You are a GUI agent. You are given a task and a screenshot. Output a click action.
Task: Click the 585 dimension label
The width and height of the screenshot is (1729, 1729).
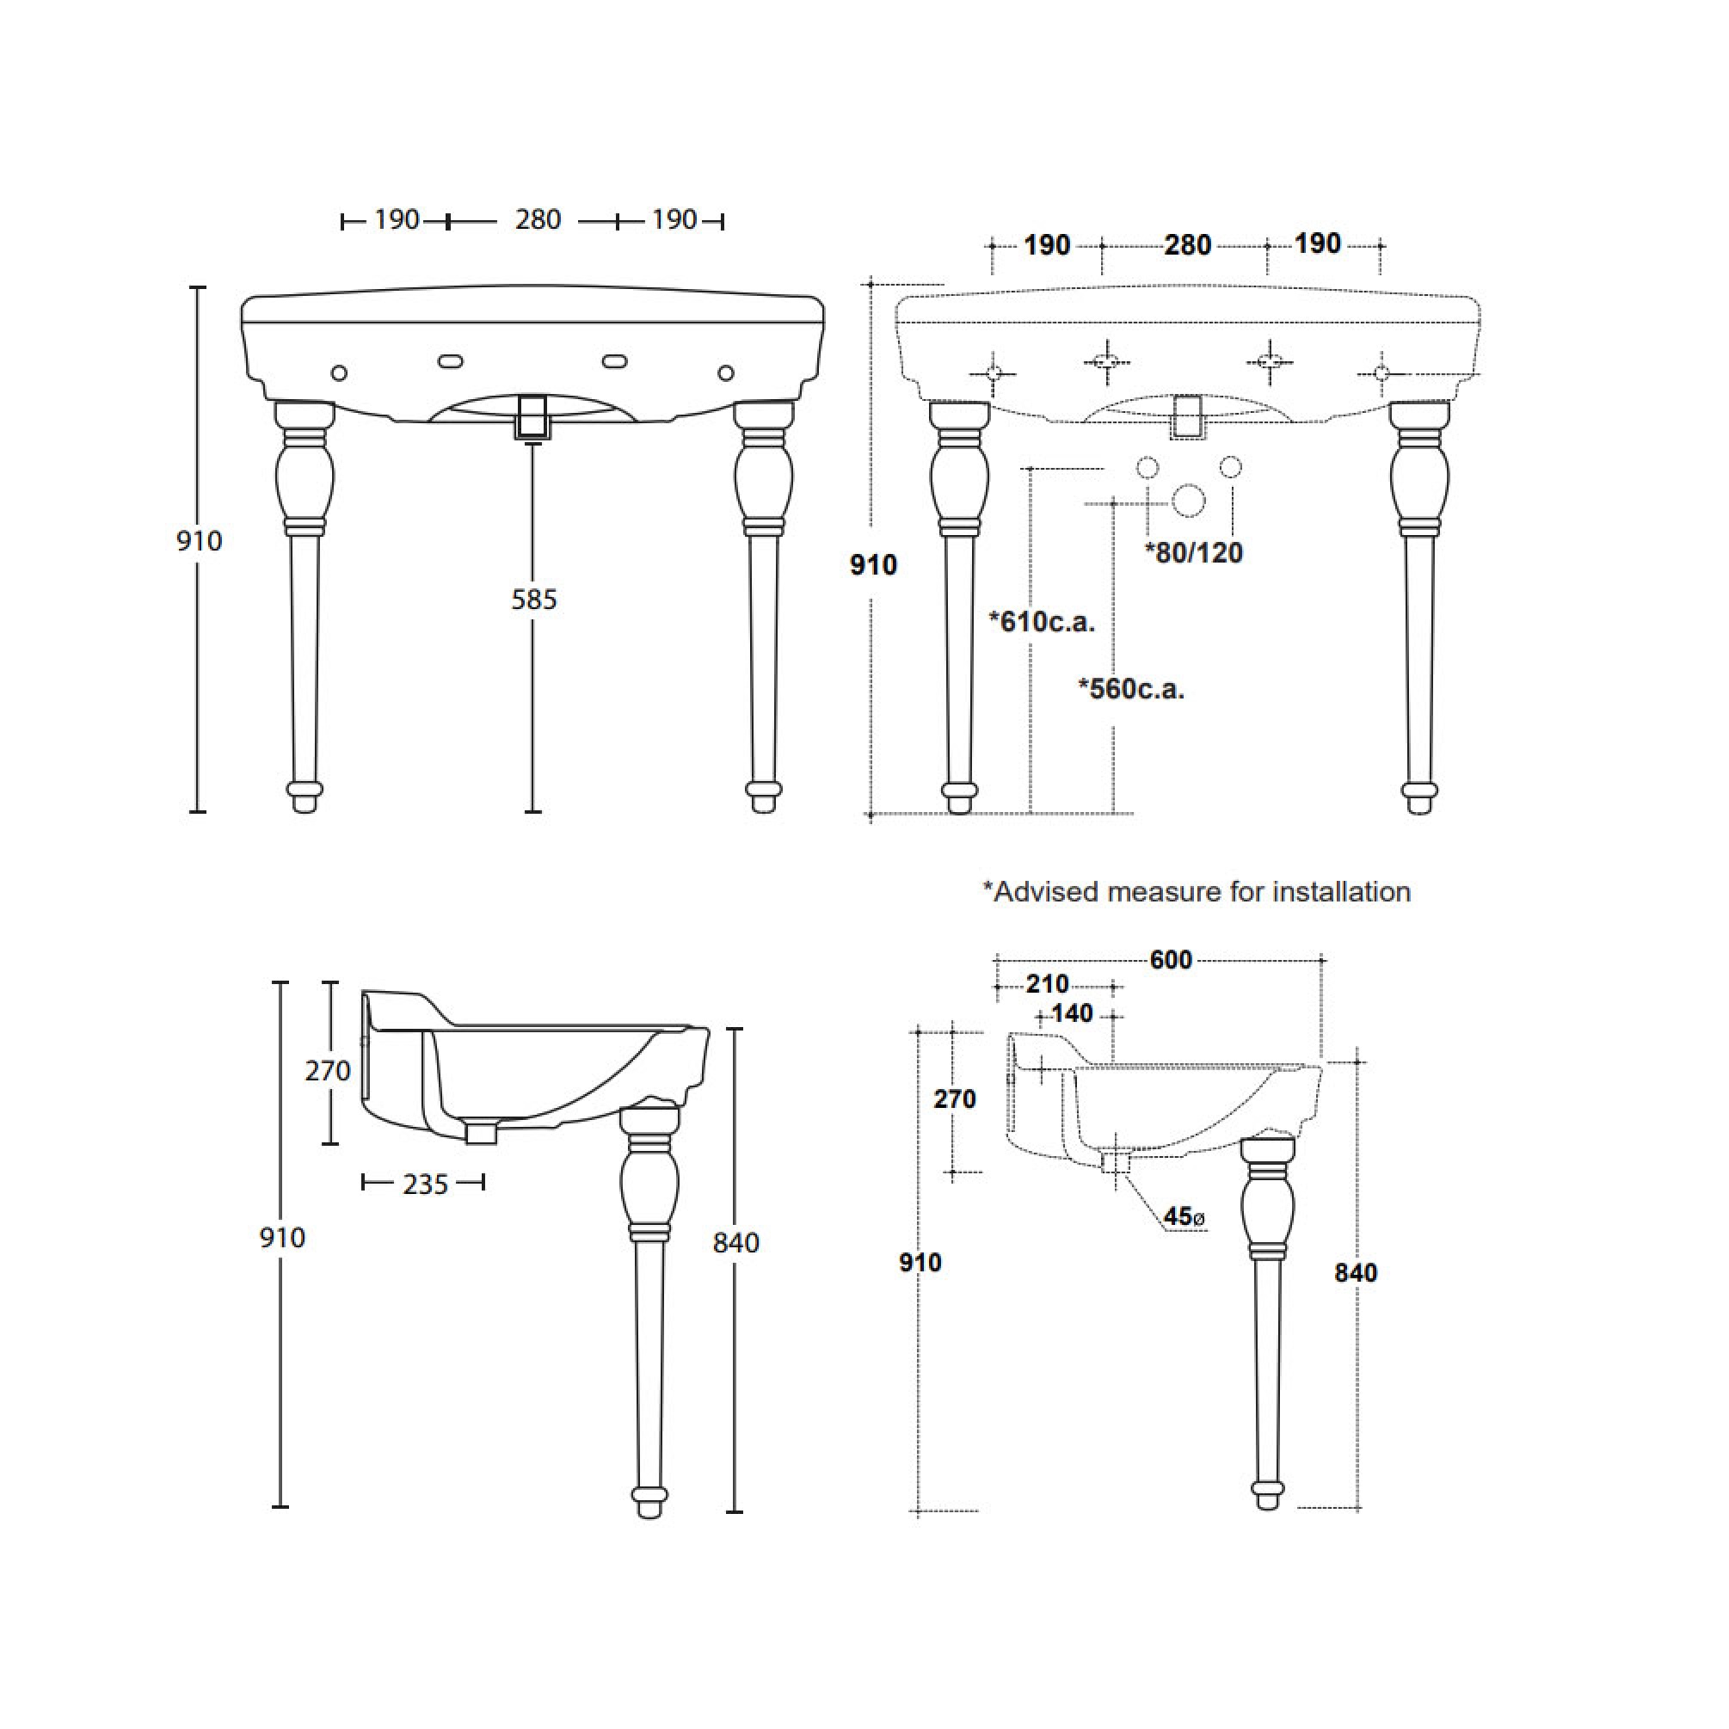coord(534,600)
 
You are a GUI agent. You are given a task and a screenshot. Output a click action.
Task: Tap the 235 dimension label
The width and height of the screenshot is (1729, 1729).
coord(424,1184)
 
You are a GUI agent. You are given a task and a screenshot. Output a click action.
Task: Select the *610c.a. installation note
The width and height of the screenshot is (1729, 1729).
coord(1042,621)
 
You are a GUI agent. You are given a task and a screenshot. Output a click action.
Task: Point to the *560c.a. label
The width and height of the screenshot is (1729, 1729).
coord(1131,688)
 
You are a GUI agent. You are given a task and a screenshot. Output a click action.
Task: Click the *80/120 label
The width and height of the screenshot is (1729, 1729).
coord(1194,552)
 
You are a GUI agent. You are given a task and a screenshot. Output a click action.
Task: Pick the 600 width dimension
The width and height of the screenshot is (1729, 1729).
coord(1171,959)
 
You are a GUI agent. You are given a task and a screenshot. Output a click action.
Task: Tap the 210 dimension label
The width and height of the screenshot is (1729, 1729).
coord(1047,984)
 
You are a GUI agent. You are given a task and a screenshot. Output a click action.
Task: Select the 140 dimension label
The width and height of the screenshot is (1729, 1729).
coord(1072,1013)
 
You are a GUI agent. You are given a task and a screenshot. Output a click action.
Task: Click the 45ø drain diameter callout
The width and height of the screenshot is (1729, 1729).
coord(1183,1216)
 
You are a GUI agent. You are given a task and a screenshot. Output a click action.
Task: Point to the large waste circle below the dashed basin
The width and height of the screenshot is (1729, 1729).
coord(1189,501)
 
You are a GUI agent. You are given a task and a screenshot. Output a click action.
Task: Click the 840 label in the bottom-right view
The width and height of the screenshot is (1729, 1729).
coord(1355,1271)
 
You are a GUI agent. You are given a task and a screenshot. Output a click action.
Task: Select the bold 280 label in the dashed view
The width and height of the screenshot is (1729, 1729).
coord(1188,245)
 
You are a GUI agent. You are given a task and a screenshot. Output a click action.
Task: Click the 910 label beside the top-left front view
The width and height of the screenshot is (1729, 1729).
coord(199,540)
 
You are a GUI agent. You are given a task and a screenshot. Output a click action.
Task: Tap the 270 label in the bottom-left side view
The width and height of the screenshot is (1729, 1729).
coord(328,1070)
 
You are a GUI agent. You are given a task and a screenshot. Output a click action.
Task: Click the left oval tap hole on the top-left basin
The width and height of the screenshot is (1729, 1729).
coord(450,361)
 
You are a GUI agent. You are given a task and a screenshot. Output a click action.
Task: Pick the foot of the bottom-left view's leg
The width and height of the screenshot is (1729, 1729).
coord(649,1499)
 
